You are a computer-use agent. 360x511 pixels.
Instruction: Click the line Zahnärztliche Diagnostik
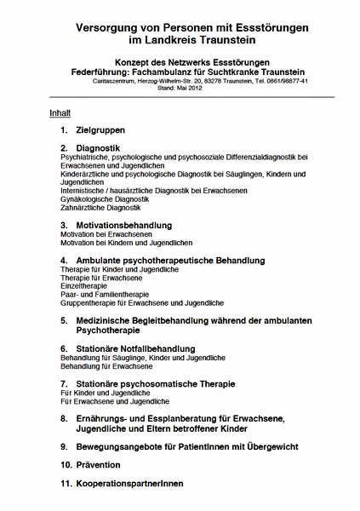(x=98, y=208)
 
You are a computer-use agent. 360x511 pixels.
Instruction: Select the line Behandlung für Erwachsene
(x=106, y=366)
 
